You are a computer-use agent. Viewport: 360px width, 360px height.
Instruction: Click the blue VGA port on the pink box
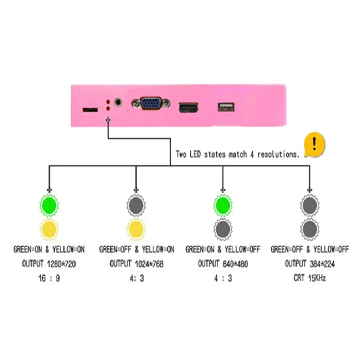tap(151, 103)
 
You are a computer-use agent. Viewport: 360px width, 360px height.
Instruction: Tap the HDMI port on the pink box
tap(188, 108)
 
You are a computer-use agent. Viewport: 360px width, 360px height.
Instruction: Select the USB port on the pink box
tap(226, 107)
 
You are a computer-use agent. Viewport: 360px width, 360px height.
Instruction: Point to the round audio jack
tap(118, 102)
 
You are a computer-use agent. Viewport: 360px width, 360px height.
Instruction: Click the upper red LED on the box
tap(108, 102)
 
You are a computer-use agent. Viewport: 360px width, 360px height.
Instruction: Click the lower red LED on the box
tap(108, 108)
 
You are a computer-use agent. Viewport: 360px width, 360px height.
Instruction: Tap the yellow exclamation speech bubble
tap(314, 145)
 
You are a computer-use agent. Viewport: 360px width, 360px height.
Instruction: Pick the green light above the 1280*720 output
tap(49, 205)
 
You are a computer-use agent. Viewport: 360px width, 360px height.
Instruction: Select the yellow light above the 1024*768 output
tap(136, 229)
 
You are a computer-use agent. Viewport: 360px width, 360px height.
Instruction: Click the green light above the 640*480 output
tap(223, 205)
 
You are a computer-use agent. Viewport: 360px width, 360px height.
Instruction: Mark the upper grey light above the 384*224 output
tap(310, 205)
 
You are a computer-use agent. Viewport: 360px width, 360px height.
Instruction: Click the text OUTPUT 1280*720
tap(49, 264)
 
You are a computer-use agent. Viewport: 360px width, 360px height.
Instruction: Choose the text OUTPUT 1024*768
tap(137, 264)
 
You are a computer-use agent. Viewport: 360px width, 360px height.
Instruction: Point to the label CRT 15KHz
tap(310, 278)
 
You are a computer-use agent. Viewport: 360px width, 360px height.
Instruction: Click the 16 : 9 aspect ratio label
tap(49, 278)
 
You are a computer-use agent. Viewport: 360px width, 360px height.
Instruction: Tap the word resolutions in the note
tap(278, 154)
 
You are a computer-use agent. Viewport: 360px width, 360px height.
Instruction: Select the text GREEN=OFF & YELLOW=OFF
tap(310, 250)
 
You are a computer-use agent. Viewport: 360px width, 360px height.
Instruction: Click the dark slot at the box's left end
tap(90, 109)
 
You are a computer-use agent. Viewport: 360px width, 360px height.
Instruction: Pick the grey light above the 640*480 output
tap(223, 229)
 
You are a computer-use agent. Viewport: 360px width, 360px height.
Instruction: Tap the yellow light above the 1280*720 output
tap(49, 229)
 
